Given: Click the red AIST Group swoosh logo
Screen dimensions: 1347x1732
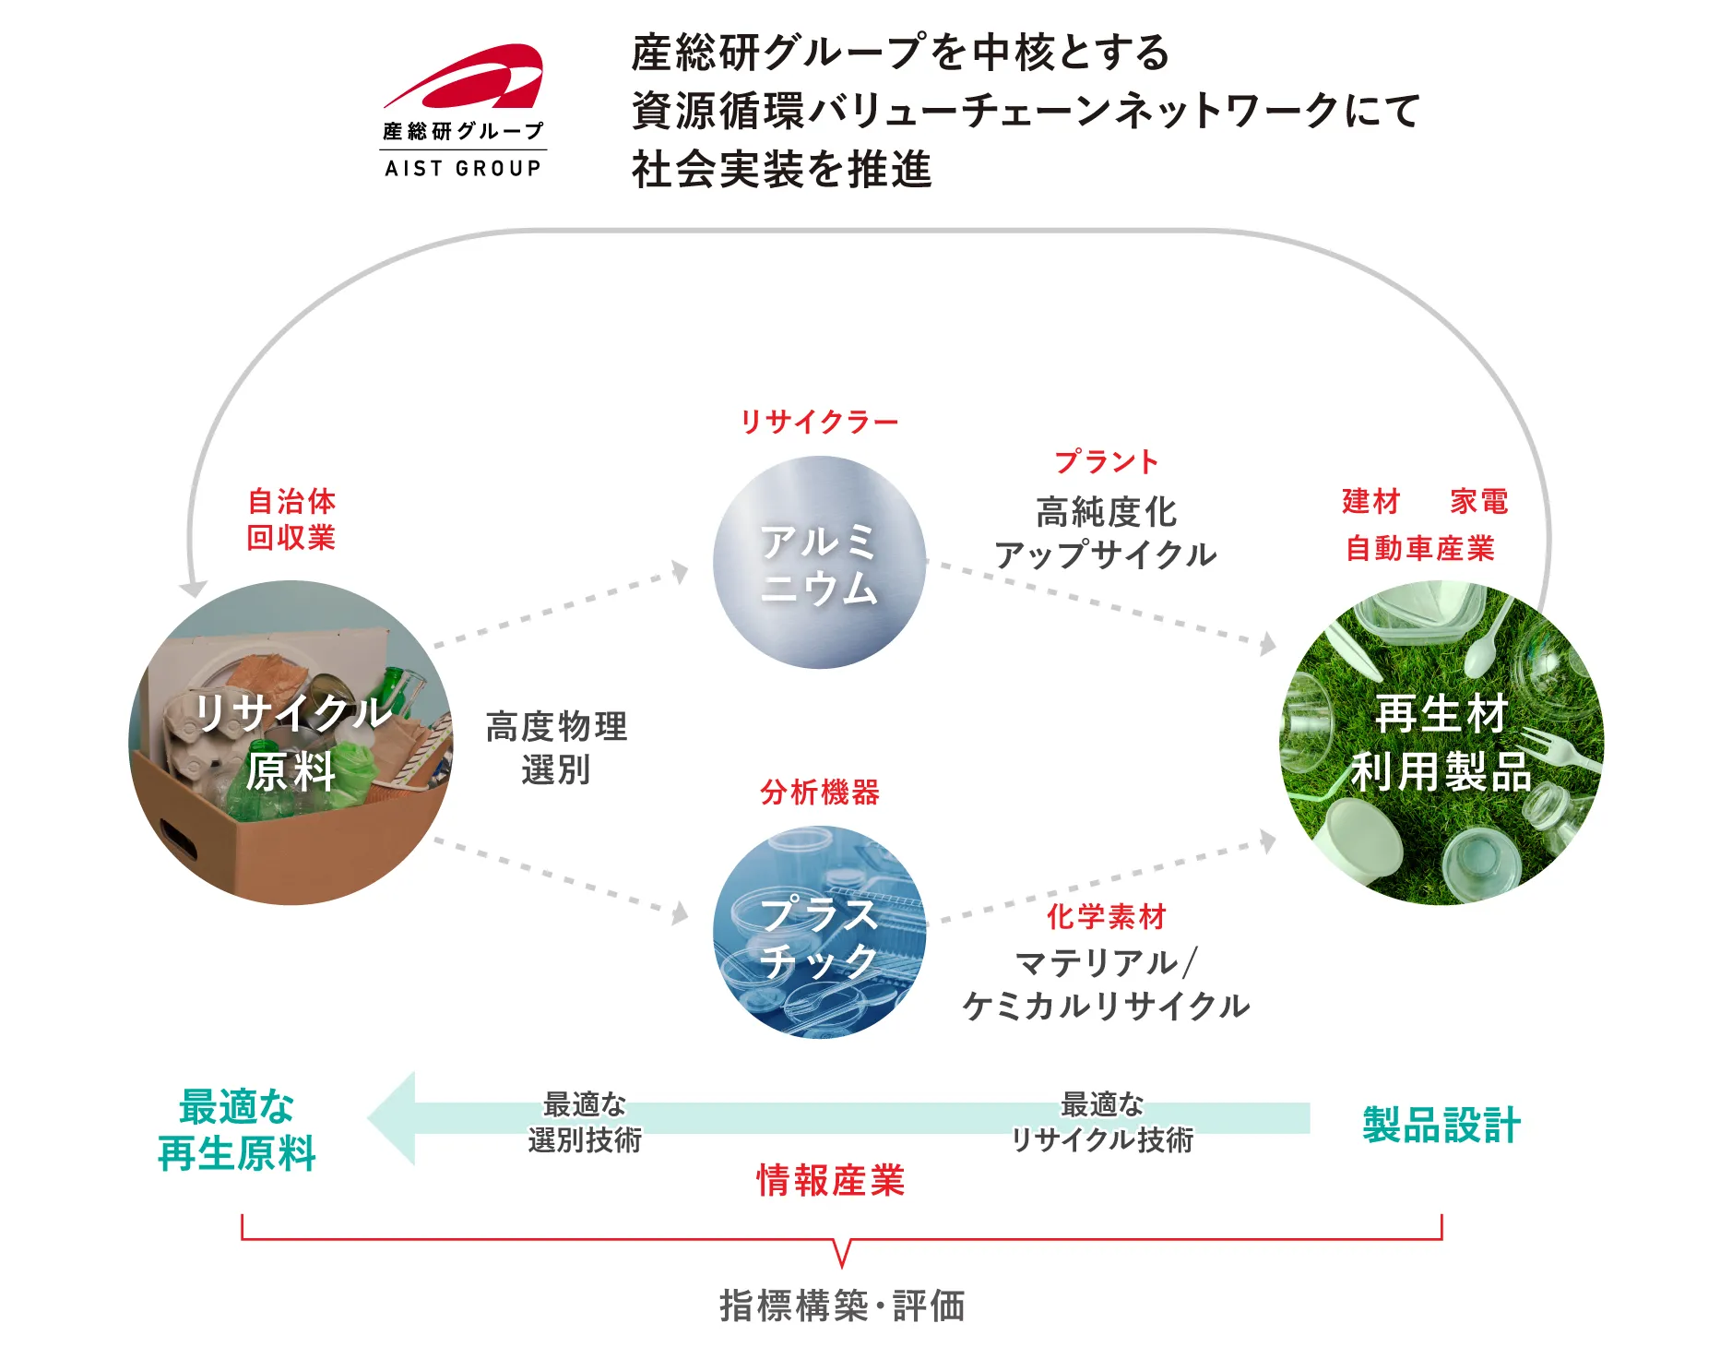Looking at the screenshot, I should coord(466,77).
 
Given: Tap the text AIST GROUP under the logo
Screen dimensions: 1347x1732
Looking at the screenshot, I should coord(463,168).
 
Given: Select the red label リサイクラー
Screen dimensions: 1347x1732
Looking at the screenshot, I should coord(819,422).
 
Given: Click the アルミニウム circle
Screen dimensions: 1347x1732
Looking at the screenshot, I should coord(819,563).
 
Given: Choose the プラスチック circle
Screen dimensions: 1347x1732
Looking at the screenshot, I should coord(819,932).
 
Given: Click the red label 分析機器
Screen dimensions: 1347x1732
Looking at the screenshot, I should coord(820,792).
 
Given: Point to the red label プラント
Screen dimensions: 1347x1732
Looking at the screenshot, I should coord(1106,461).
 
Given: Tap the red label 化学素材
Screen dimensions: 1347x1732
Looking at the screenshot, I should coord(1106,916).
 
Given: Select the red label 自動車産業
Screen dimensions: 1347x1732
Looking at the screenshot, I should coord(1419,548).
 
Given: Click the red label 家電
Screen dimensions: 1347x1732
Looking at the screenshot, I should coord(1478,501).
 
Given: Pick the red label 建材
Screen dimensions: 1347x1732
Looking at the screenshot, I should coord(1370,501).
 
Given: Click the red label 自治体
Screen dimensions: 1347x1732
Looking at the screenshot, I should coord(291,501).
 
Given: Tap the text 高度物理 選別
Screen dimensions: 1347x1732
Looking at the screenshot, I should coord(556,747).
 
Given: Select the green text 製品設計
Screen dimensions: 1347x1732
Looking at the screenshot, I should coord(1441,1125).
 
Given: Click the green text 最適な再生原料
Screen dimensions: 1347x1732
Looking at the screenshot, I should coord(237,1130).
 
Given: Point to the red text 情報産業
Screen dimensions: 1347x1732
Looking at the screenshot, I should coord(830,1180).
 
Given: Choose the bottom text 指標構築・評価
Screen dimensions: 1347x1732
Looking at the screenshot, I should coord(842,1305).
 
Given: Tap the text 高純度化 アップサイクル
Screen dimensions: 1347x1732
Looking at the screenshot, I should coord(1106,533).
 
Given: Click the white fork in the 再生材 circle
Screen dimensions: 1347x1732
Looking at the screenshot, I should coord(1559,747).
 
